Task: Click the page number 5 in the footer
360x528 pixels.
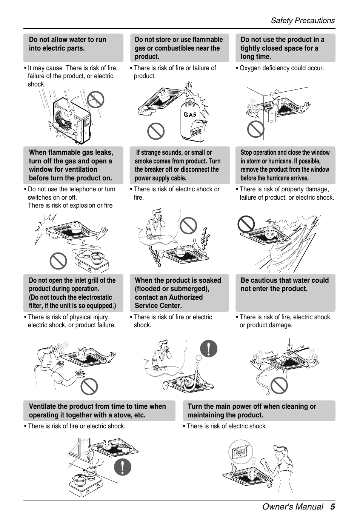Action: point(332,507)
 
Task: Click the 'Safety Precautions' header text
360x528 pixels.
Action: point(303,21)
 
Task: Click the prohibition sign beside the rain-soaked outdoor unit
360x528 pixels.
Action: point(95,99)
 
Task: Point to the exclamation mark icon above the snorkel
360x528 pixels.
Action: point(209,348)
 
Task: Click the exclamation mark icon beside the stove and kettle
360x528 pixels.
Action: point(123,467)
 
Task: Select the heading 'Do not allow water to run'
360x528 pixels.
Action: point(68,40)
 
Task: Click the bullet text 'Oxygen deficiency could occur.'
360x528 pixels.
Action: point(282,68)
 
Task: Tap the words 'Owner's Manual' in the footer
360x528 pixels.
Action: point(293,507)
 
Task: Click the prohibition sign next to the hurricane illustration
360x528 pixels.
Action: point(246,224)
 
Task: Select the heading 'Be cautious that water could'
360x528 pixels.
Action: point(285,280)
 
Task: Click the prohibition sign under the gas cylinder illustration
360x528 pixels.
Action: point(156,131)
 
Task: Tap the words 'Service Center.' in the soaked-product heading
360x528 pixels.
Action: point(158,306)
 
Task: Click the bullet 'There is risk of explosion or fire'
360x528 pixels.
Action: point(70,205)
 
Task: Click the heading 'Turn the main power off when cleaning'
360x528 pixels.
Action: point(252,406)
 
